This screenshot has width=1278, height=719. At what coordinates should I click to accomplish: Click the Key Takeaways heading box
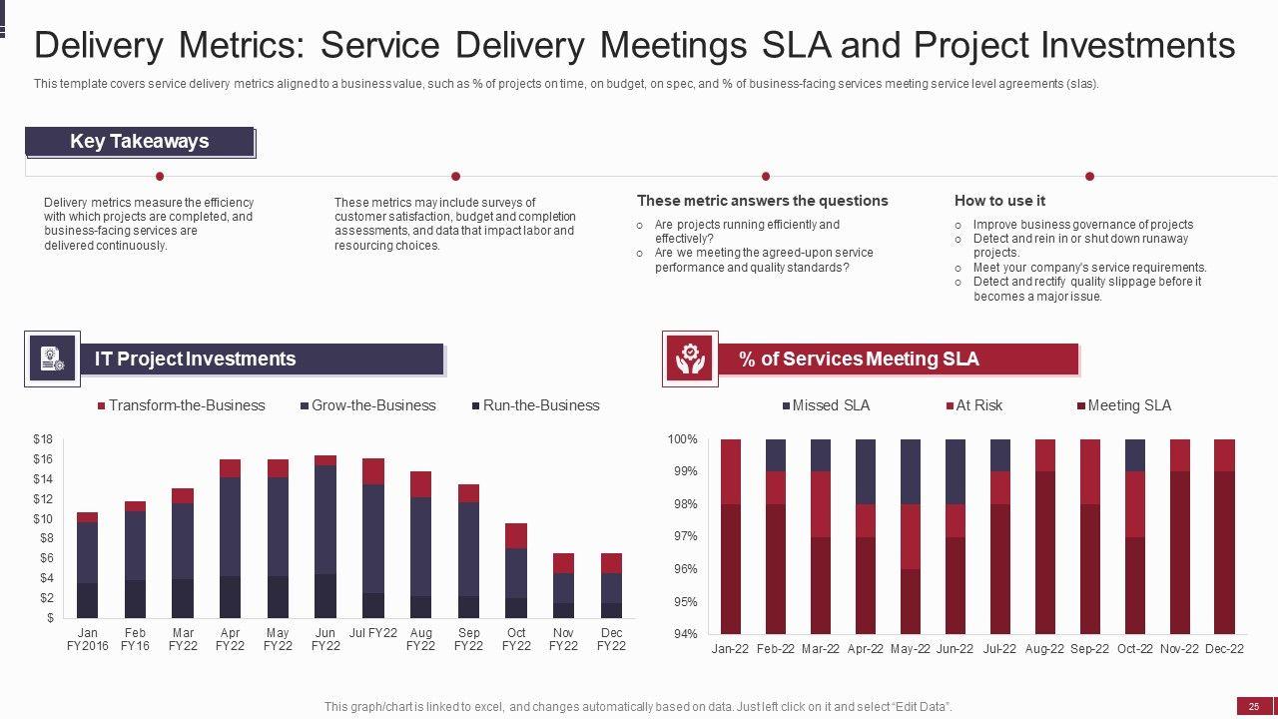point(140,142)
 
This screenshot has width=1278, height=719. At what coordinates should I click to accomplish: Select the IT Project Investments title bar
point(262,359)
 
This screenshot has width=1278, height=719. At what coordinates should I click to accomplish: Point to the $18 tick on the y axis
point(43,439)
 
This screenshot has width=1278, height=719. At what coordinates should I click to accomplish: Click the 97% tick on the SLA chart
point(683,536)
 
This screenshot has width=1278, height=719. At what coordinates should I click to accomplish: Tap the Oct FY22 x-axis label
point(516,639)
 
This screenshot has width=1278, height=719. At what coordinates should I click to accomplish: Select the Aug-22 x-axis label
point(1044,649)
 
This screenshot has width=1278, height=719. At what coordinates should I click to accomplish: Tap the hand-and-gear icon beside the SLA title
point(690,359)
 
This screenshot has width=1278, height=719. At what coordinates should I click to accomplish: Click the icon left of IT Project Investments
point(53,359)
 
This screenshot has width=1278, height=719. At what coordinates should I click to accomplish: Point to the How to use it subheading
point(999,201)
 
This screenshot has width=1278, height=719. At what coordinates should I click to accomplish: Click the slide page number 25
point(1254,706)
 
